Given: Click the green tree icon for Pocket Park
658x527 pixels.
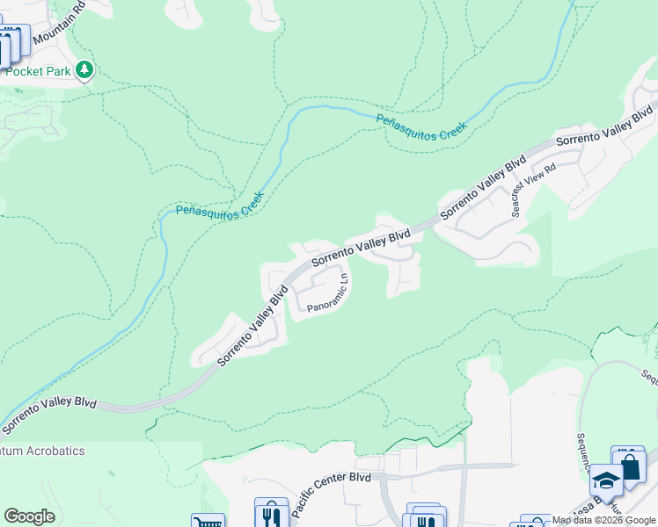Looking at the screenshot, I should tap(84, 69).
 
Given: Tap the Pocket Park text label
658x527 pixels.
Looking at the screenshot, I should tap(37, 71).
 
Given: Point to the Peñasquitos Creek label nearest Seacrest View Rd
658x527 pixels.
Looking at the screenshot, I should tap(420, 126).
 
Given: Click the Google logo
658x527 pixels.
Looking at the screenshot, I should tap(29, 516).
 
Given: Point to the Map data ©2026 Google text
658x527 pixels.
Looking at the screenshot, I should tap(603, 520).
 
